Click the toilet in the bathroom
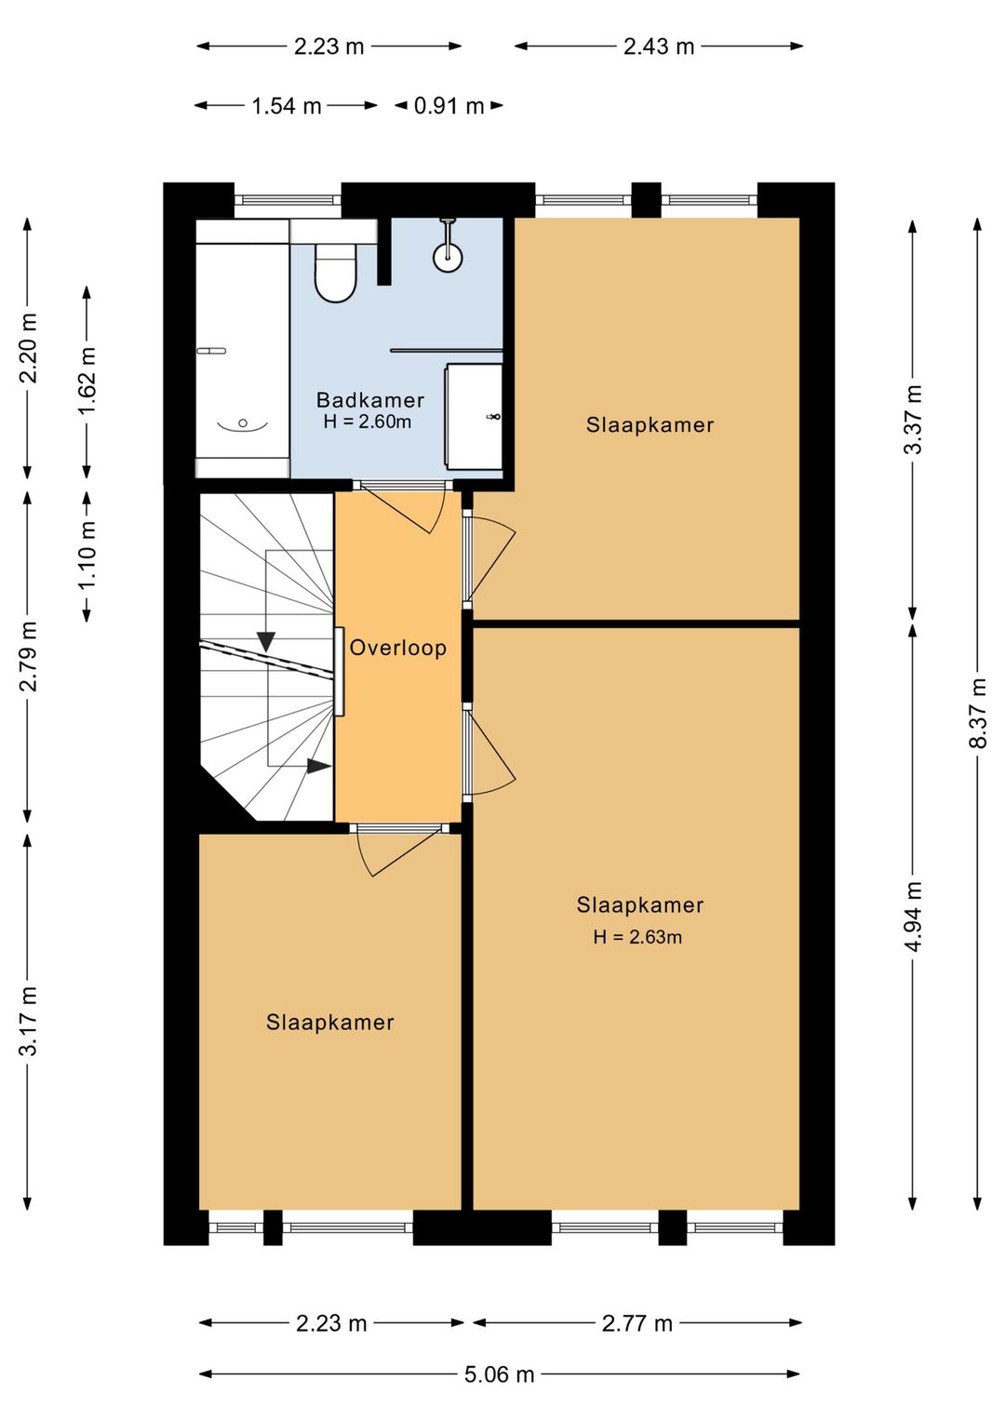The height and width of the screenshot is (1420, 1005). (336, 274)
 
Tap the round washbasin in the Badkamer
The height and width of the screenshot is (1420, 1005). (448, 257)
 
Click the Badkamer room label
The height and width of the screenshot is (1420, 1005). (370, 400)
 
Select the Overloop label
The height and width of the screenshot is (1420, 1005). (398, 648)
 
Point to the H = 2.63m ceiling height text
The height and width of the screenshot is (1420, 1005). (637, 937)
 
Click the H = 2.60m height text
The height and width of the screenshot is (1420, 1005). (368, 422)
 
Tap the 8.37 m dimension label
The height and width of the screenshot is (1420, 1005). (978, 713)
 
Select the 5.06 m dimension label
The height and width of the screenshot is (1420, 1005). (500, 1374)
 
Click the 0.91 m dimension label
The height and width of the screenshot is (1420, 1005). (449, 106)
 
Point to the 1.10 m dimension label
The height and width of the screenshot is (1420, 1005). (87, 555)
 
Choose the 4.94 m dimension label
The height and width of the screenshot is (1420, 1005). (913, 917)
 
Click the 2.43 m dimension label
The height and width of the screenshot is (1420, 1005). (659, 47)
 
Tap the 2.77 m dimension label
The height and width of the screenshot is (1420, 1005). (637, 1323)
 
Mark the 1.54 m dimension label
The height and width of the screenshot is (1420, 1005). (287, 106)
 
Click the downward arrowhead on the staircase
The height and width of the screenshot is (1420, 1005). (266, 641)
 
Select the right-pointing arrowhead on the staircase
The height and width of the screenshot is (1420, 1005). (319, 766)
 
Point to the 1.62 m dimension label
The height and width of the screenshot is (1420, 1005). (87, 381)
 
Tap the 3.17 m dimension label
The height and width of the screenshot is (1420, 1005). (29, 1021)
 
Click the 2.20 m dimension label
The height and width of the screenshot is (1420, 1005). (29, 348)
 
